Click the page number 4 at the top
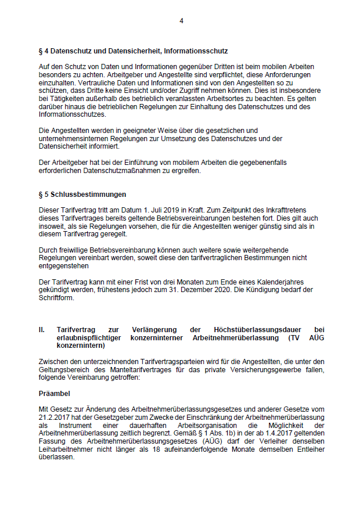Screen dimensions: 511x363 [181, 21]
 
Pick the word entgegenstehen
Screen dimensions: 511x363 [62, 266]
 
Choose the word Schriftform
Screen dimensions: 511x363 [56, 298]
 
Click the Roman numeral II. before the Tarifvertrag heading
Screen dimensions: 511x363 [42, 329]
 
